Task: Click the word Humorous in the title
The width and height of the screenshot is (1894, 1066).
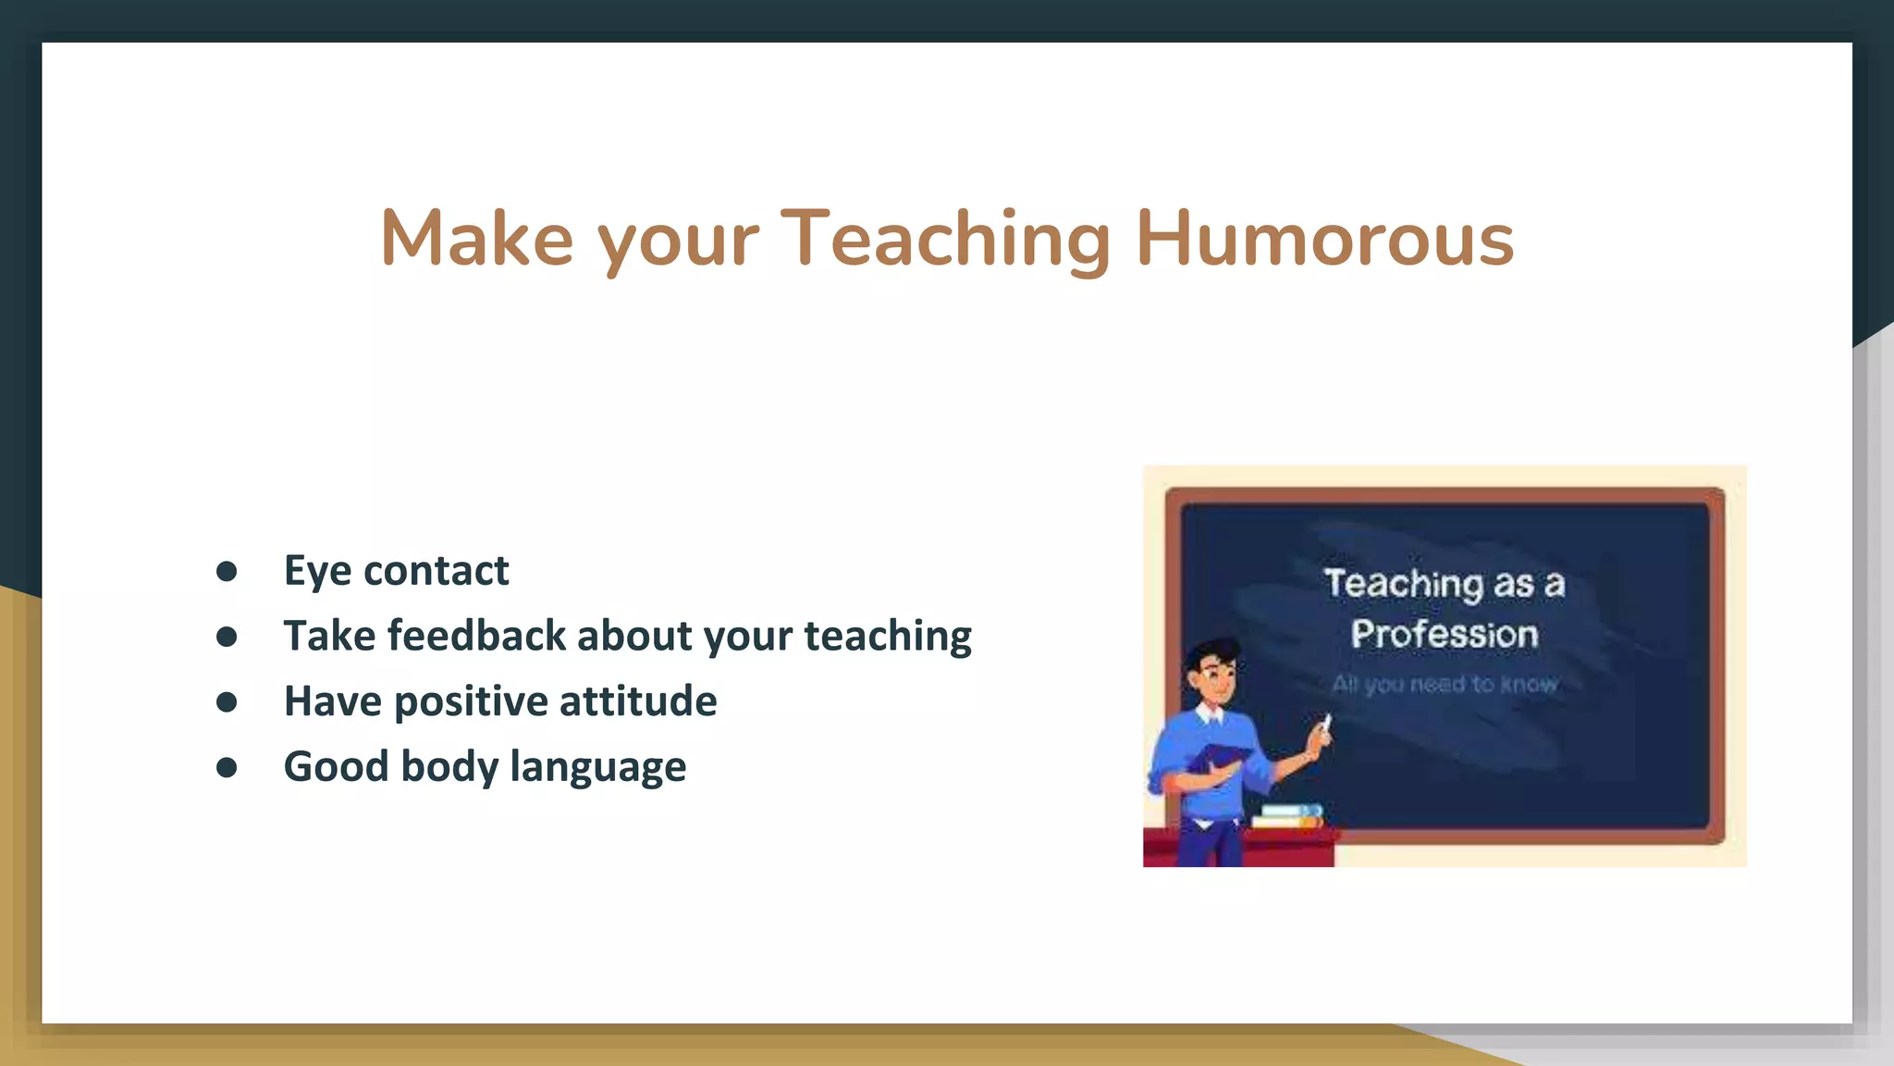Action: coord(1324,239)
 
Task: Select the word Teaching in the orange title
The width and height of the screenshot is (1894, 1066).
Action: coord(945,239)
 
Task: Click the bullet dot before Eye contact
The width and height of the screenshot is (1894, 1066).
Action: coord(227,571)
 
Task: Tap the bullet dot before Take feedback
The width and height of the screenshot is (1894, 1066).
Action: coord(227,637)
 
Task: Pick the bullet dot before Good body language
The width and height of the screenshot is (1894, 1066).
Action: coord(227,767)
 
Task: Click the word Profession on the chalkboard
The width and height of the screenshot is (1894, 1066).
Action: coord(1444,635)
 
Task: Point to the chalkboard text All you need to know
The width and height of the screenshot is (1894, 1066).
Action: coord(1445,684)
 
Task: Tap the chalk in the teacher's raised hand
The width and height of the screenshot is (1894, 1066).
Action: coord(1325,725)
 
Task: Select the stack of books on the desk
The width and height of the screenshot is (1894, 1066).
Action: coord(1289,816)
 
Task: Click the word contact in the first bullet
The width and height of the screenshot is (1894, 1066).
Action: coord(436,571)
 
